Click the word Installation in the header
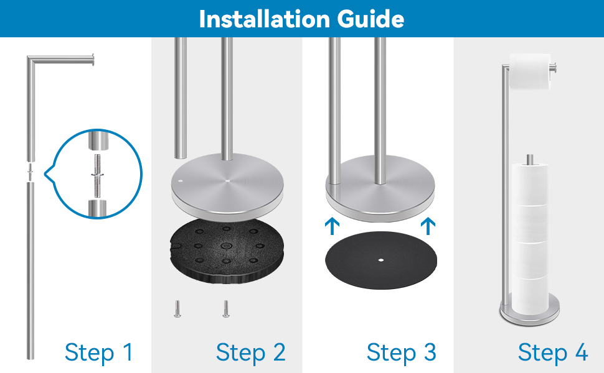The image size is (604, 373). pos(265,19)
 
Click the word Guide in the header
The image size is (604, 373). pos(370,19)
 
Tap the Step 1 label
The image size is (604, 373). pos(98,352)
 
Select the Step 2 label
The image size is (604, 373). pos(251,352)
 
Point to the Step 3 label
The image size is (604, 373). pos(402,352)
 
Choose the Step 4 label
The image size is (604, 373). pos(553,352)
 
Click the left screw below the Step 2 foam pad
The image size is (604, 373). pos(177,309)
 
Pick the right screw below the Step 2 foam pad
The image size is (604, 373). pos(226,309)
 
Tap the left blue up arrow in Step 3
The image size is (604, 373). pos(332,226)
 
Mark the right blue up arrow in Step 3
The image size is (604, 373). pos(428,226)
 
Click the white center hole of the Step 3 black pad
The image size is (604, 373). pos(381,260)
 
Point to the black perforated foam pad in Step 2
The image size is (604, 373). pos(227,250)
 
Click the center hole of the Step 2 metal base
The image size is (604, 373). pos(227,180)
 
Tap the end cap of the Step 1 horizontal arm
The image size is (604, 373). pos(92,60)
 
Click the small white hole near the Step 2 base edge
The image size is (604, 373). pos(179,180)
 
